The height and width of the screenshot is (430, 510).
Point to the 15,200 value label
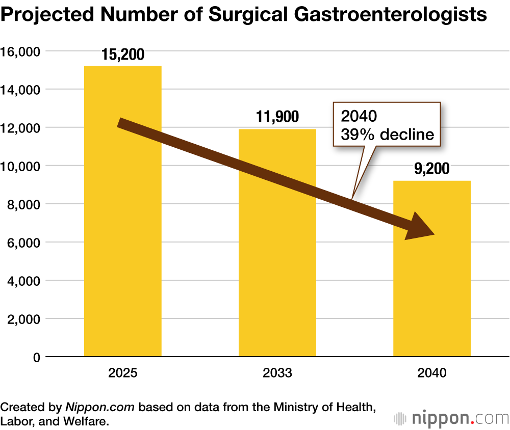[123, 55]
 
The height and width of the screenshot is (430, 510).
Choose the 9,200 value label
[432, 169]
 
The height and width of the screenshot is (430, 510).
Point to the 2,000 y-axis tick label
[23, 319]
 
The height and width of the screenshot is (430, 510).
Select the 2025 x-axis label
[123, 373]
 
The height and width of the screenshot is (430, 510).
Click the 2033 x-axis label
[277, 373]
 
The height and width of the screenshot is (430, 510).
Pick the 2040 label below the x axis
[432, 373]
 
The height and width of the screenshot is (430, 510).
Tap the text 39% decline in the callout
[387, 135]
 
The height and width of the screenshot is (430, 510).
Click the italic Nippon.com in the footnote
[100, 408]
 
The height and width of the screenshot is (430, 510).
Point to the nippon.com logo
[451, 419]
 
